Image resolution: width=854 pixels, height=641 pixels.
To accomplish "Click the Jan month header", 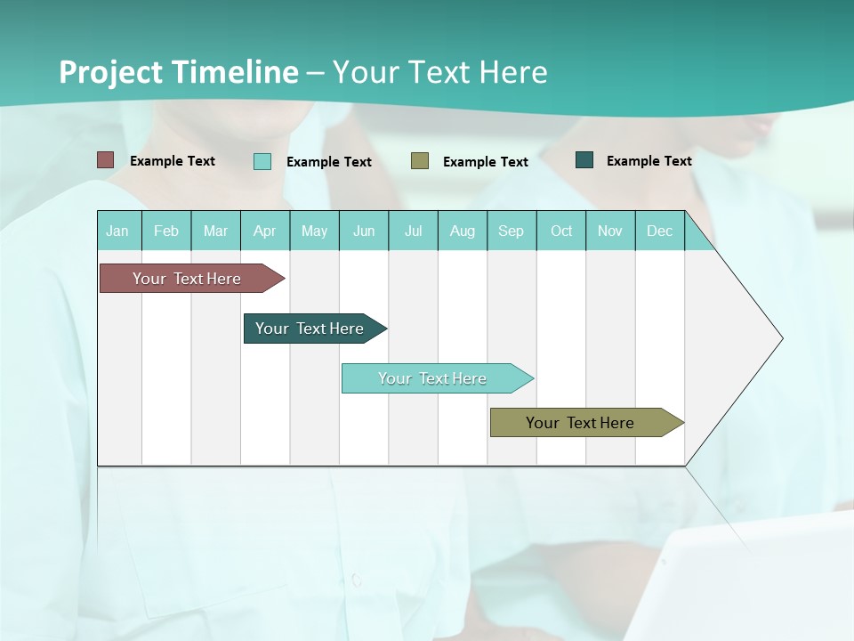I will [x=118, y=231].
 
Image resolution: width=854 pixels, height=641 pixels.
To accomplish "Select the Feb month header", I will [x=166, y=231].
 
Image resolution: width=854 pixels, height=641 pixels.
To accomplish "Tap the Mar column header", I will [x=215, y=231].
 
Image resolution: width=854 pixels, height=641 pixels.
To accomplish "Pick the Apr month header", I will [x=265, y=231].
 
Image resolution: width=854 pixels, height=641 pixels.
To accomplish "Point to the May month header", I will [x=314, y=231].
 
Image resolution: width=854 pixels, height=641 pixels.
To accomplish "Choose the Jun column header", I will [x=364, y=231].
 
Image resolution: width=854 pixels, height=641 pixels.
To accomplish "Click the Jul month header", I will [x=413, y=231].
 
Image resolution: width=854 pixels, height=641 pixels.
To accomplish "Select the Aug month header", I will [x=463, y=231].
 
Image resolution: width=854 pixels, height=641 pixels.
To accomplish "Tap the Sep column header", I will [x=512, y=231].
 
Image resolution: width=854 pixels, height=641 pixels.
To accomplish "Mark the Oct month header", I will [x=561, y=231].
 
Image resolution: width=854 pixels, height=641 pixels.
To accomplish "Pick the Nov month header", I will [x=610, y=231].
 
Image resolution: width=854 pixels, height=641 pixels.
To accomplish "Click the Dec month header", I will [x=660, y=231].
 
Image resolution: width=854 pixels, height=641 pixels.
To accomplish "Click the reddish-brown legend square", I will [x=106, y=160].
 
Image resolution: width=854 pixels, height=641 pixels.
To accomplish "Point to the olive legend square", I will [x=420, y=160].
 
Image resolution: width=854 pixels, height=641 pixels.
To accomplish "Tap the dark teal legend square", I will [x=584, y=160].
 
